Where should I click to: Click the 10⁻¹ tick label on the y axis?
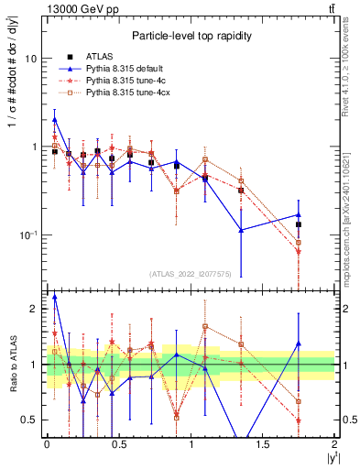tap(29, 235)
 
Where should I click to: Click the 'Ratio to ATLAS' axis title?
tap(11, 365)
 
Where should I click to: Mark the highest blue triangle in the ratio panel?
tap(55, 297)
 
